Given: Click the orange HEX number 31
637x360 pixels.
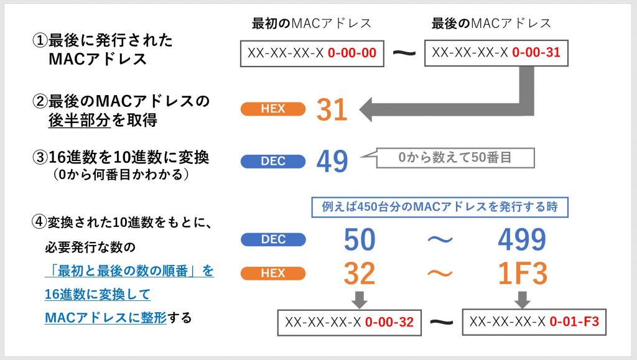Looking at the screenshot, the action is [x=332, y=109].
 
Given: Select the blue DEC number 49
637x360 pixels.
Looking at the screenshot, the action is [x=332, y=161].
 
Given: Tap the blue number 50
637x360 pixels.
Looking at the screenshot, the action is [x=360, y=239].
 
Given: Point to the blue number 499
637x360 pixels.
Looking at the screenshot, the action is [x=522, y=239].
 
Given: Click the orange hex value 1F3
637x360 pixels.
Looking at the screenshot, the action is [x=523, y=273].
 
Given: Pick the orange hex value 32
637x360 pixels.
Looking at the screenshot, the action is [x=360, y=273].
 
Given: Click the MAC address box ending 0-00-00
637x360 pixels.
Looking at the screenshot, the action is [x=312, y=53].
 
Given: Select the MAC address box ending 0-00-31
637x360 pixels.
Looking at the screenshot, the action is [x=496, y=53].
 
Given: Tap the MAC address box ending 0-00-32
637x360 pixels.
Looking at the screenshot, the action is [x=350, y=323].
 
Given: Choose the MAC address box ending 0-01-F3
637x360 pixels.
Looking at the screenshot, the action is [x=534, y=322].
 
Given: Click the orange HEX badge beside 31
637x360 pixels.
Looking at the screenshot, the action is [x=273, y=109].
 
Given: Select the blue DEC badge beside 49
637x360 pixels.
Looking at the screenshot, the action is [x=273, y=161].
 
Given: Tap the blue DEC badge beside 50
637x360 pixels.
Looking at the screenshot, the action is [x=273, y=239].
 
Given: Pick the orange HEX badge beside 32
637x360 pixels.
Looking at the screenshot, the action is [x=273, y=273].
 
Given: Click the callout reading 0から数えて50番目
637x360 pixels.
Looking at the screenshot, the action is [x=455, y=157].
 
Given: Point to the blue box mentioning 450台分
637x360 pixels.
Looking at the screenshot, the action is [x=440, y=207].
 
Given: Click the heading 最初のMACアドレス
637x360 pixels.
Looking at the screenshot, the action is [x=312, y=23].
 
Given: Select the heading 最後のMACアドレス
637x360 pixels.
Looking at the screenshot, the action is [x=491, y=23].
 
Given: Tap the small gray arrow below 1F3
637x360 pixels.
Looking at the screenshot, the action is [x=523, y=300].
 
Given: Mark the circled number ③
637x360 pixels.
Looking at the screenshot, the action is [x=40, y=157].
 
